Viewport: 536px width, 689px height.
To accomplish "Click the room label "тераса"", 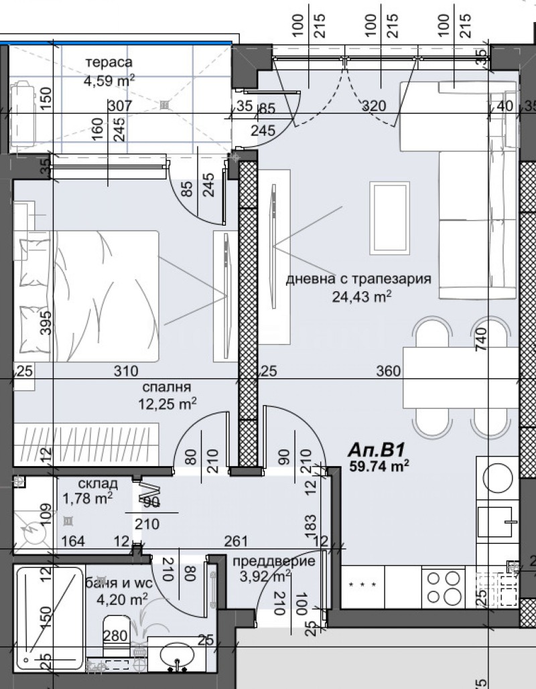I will point(109,63).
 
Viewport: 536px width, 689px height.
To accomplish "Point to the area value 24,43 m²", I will point(361,297).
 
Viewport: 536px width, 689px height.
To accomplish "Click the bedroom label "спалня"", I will point(167,387).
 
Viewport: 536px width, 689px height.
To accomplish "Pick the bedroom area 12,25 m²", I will point(165,403).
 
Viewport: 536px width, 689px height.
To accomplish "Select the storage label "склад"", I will point(98,483).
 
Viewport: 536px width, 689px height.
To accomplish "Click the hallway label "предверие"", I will point(273,561).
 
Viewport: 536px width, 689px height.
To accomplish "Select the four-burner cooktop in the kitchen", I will point(442,587).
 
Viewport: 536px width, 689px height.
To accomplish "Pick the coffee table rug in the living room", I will point(389,218).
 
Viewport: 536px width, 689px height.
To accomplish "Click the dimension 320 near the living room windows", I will point(374,106).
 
